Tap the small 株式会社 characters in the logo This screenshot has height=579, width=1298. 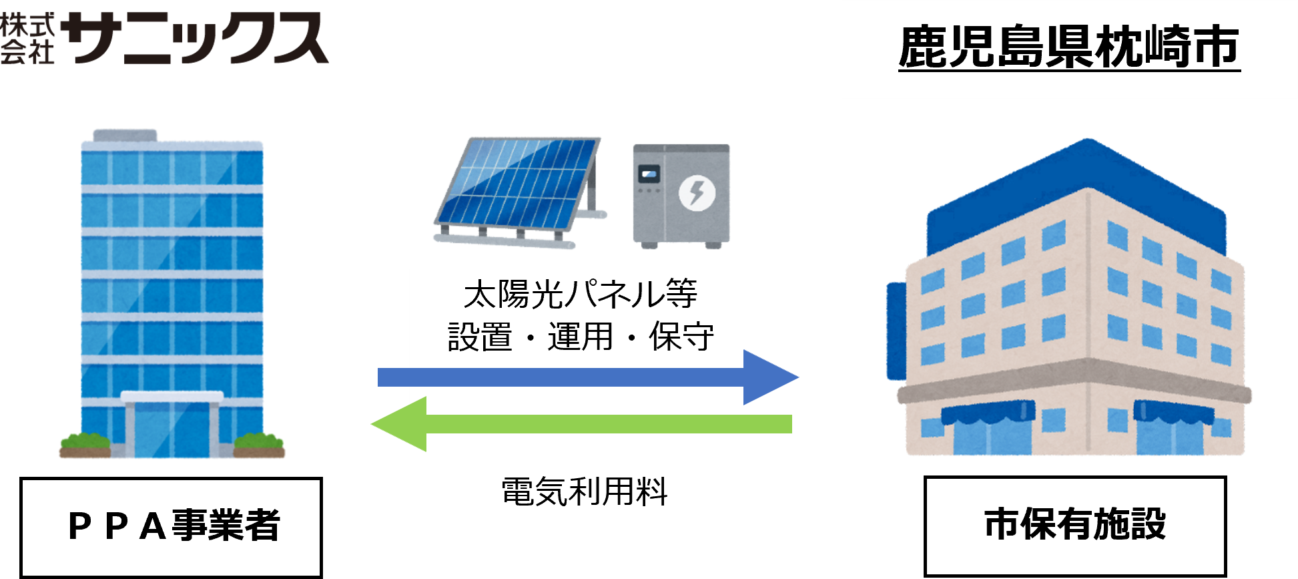[x=27, y=39]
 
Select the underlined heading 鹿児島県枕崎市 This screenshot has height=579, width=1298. [x=1068, y=47]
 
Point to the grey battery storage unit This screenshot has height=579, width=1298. [x=681, y=195]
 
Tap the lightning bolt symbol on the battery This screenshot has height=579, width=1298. [x=697, y=193]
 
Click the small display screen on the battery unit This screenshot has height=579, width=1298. [x=649, y=175]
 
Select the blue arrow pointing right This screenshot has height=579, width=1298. [x=587, y=377]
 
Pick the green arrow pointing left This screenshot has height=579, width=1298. [x=581, y=424]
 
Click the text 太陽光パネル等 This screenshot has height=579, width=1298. [x=581, y=294]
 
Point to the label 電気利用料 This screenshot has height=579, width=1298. [x=585, y=492]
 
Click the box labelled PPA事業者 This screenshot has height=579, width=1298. [x=172, y=526]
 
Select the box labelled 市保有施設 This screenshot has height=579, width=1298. [x=1075, y=525]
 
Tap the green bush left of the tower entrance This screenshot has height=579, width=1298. [x=85, y=443]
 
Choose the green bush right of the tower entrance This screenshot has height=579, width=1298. [x=259, y=443]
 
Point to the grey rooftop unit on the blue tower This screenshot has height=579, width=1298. [x=125, y=136]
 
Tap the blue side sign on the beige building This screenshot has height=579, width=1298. [x=896, y=331]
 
